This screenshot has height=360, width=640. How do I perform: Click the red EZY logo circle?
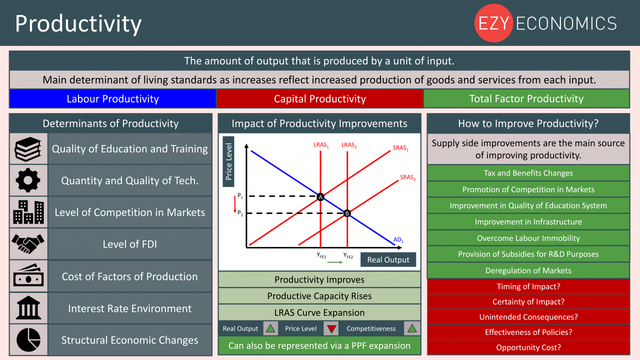(x=493, y=23)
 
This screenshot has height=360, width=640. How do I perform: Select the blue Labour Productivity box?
(x=112, y=98)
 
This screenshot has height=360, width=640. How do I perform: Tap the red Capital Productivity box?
(x=319, y=98)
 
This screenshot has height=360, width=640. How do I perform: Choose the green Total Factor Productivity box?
(x=526, y=98)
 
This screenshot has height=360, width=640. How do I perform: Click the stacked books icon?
(x=28, y=149)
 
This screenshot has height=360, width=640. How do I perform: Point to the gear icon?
(x=28, y=180)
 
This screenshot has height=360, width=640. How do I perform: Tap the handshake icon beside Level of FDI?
(x=28, y=243)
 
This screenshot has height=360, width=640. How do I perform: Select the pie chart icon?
(x=28, y=339)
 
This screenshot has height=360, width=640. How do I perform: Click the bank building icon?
(x=28, y=307)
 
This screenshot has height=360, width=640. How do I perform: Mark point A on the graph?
(x=320, y=197)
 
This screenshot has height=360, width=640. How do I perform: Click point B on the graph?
(x=347, y=213)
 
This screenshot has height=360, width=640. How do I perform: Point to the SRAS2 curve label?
(x=407, y=177)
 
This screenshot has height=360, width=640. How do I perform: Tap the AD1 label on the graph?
(x=398, y=240)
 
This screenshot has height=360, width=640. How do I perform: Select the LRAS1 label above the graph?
(x=321, y=145)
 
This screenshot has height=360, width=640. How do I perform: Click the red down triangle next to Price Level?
(x=331, y=329)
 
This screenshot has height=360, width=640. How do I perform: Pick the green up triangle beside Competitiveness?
(x=411, y=328)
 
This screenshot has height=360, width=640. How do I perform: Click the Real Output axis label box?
(x=388, y=259)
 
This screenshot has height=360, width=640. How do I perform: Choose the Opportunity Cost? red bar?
(x=528, y=347)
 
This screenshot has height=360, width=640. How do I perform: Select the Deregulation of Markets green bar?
(x=528, y=270)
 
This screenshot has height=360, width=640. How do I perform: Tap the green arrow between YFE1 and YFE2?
(x=335, y=262)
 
